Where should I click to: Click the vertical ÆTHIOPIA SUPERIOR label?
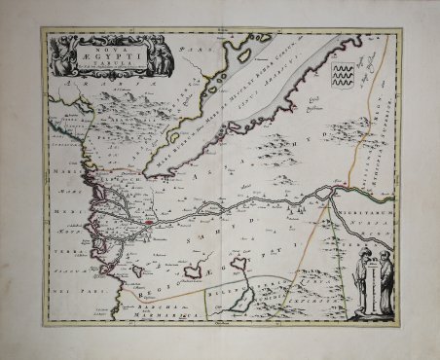click(390, 126)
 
